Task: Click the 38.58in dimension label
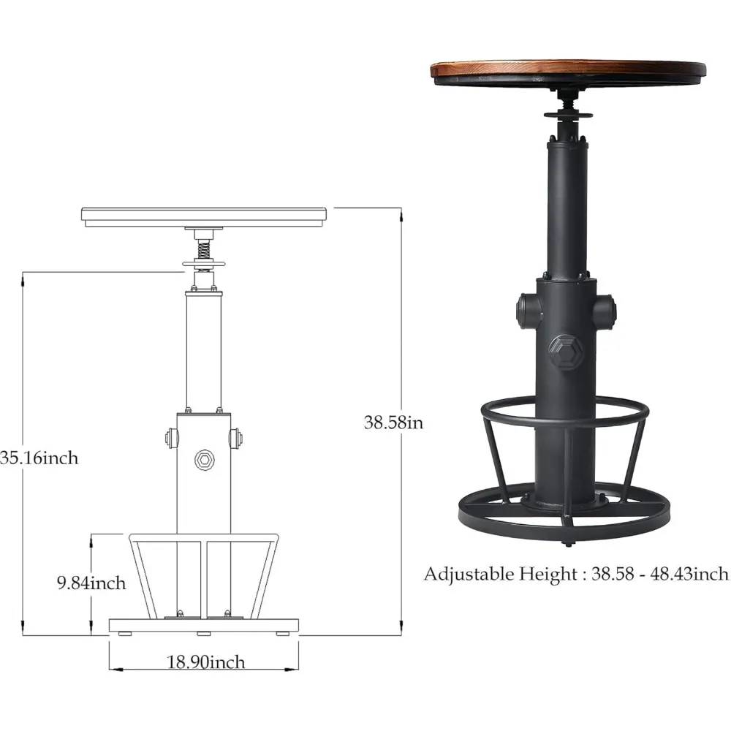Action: pos(394,422)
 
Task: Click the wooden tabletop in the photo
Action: pos(568,70)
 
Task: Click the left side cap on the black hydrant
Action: pos(528,311)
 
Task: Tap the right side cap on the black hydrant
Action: pos(604,311)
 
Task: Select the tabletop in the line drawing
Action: pos(204,216)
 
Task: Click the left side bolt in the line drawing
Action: pos(171,438)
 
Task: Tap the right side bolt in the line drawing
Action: pos(236,438)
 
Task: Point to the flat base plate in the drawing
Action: pos(204,626)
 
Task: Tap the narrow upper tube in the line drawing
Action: pos(204,351)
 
